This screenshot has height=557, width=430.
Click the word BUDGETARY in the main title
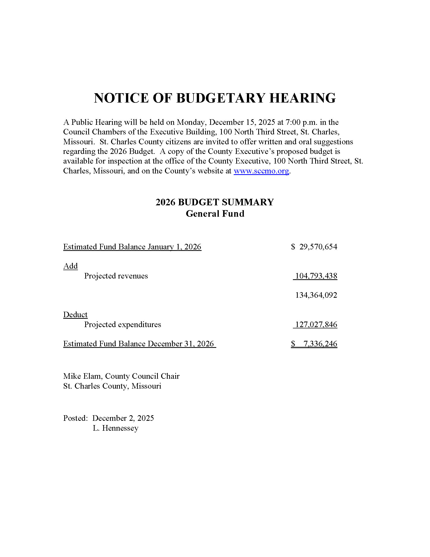point(220,98)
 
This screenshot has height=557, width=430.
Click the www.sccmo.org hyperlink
point(261,171)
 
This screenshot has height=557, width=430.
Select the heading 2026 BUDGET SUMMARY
point(214,202)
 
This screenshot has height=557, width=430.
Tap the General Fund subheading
point(215,213)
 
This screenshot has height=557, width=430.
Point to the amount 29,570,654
point(318,247)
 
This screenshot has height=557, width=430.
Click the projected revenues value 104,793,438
point(316,276)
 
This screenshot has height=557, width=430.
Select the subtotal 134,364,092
point(316,295)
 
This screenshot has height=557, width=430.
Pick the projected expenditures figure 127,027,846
point(316,324)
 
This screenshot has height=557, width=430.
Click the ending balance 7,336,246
point(320,344)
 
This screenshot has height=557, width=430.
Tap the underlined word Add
point(70,266)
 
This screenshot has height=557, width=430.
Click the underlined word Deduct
point(75,314)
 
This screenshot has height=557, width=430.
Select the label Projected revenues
point(116,276)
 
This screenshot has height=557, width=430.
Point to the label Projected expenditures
point(122,324)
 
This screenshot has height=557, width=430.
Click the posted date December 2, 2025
point(123,418)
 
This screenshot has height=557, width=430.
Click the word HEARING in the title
point(302,98)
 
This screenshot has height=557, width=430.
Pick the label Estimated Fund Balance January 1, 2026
point(132,247)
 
